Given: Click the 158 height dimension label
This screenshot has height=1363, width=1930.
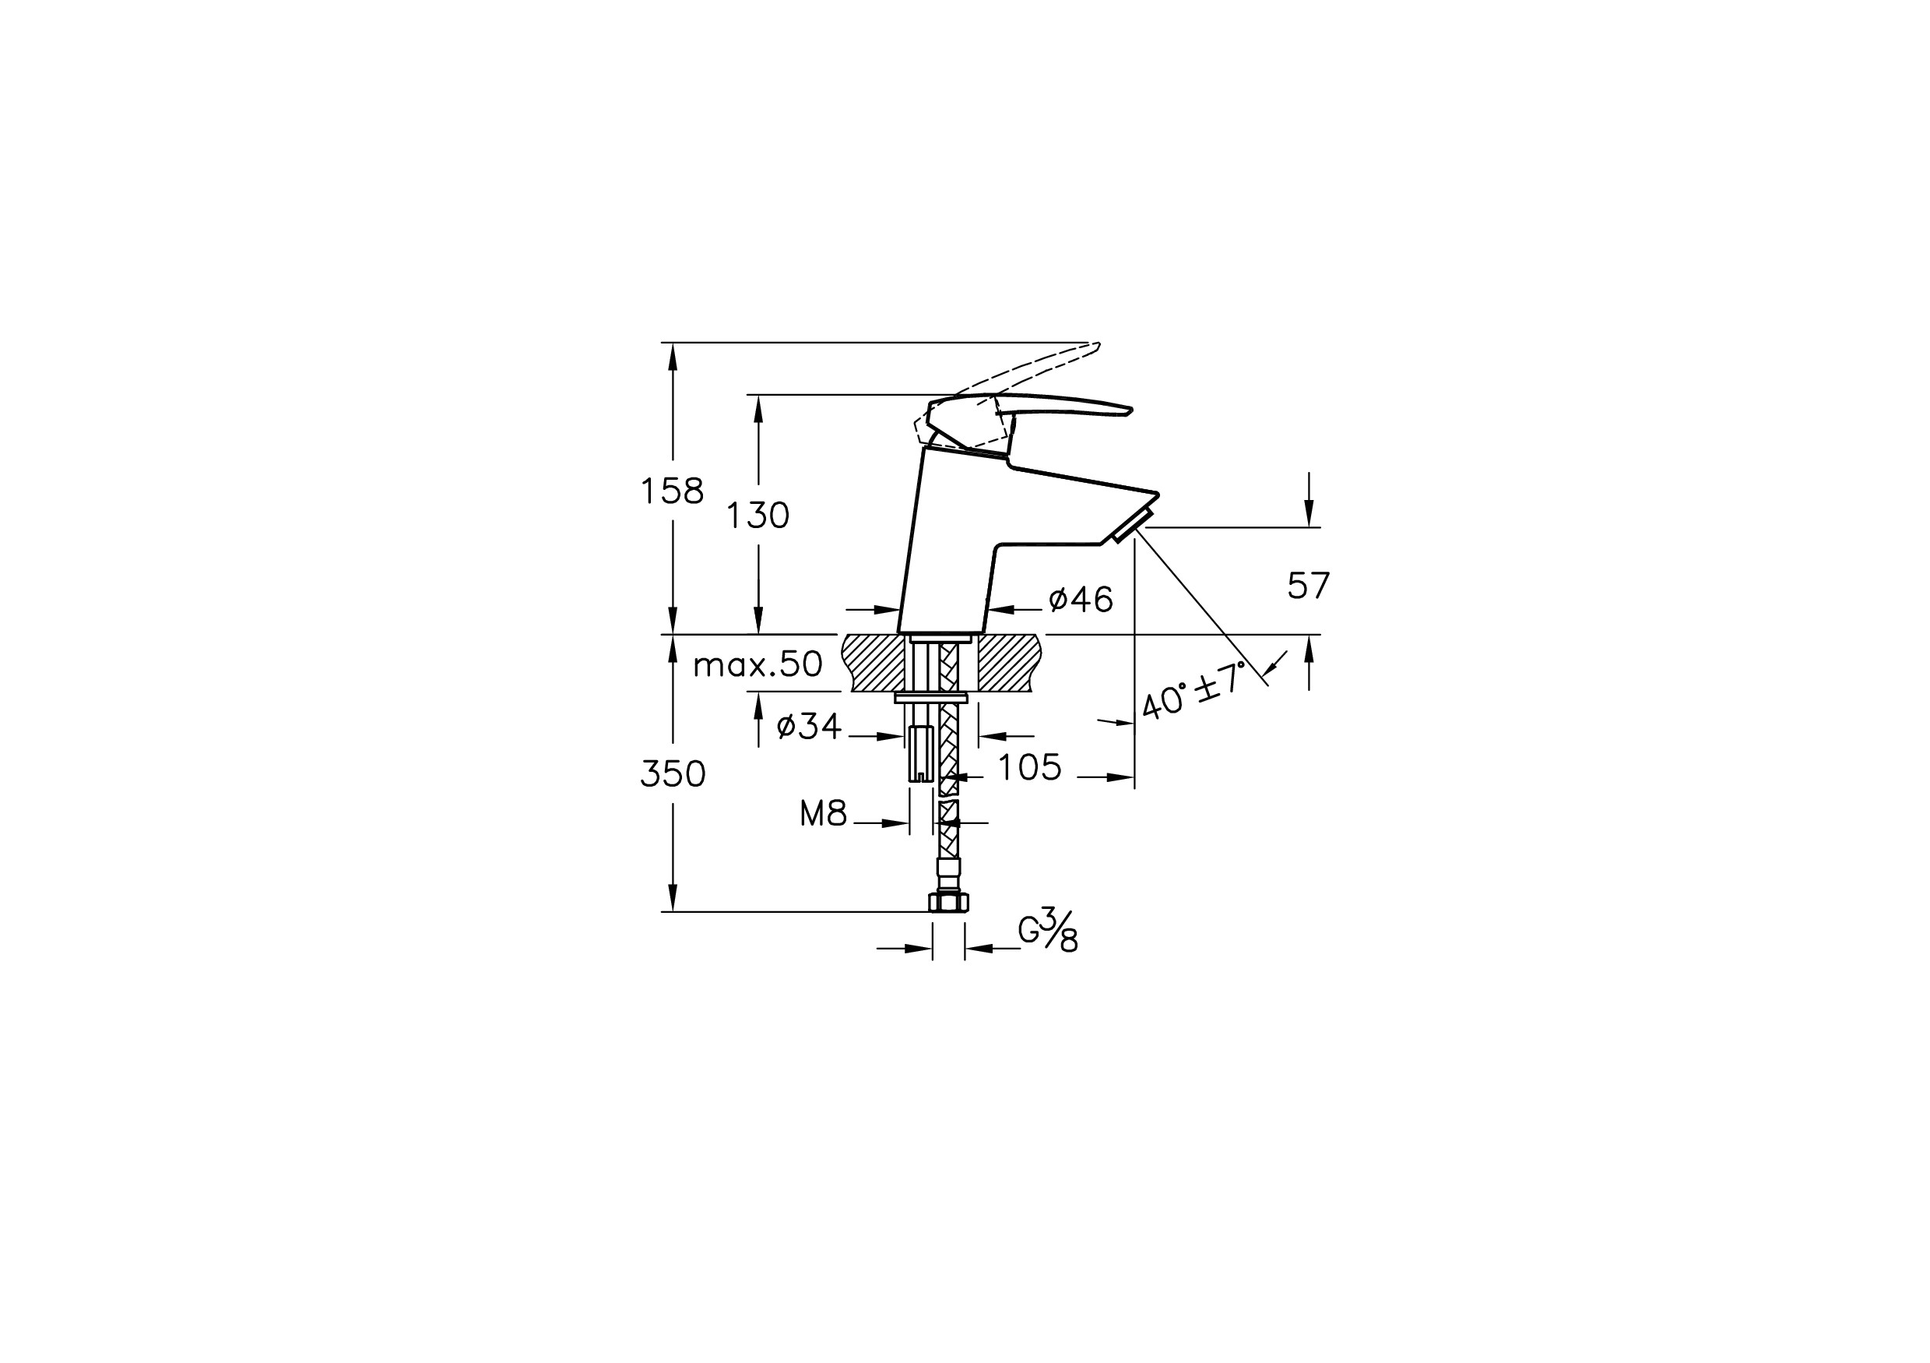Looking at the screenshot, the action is pos(673,490).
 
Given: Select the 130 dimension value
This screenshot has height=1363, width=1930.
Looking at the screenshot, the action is pos(758,516).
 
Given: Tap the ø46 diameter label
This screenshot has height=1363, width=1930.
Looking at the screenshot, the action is pos(1081,600).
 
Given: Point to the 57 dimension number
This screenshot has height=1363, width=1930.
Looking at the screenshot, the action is pos(1309,585).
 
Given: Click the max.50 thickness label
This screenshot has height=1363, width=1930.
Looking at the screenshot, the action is pos(758,665).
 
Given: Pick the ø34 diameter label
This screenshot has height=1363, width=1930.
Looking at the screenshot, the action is pos(809,726).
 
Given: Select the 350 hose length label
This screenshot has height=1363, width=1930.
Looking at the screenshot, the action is pos(673,773).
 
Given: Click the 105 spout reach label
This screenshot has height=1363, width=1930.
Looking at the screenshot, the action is pos(1030,767).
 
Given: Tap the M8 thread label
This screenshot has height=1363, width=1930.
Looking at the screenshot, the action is pos(823,813).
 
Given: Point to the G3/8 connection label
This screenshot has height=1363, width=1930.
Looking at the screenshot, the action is pos(1048,929).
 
